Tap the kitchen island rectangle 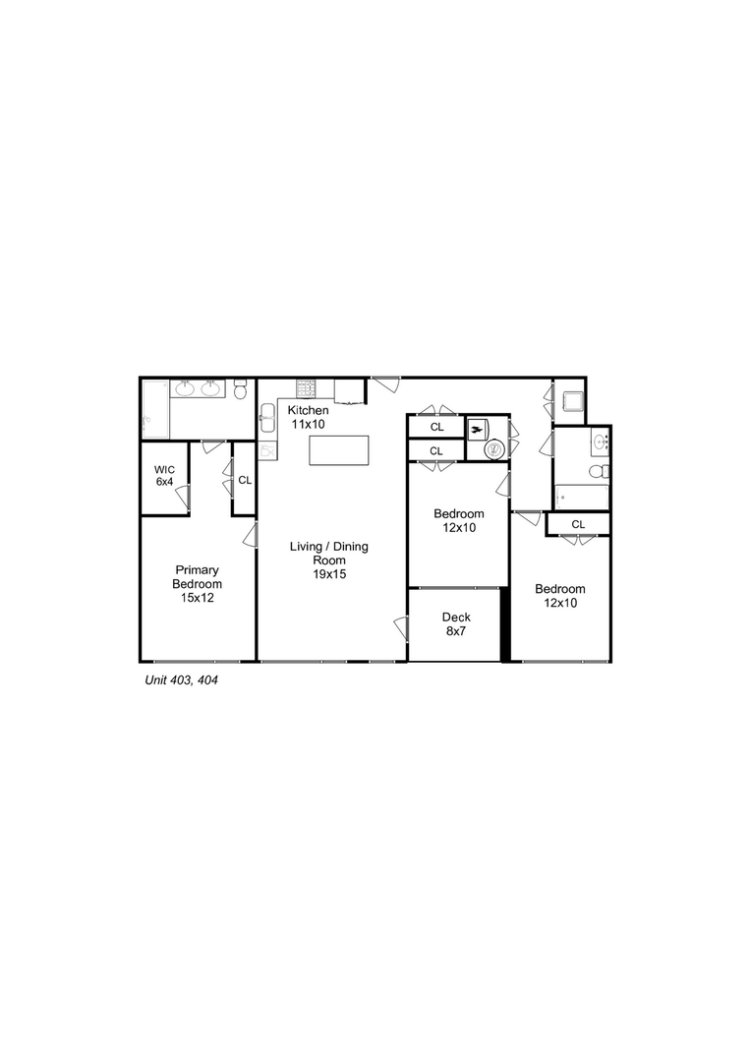pyautogui.click(x=340, y=450)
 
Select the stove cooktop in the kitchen pyautogui.click(x=306, y=386)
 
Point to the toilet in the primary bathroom pyautogui.click(x=241, y=390)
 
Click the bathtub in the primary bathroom pyautogui.click(x=155, y=409)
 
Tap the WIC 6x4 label pyautogui.click(x=164, y=476)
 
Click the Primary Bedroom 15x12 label pyautogui.click(x=197, y=583)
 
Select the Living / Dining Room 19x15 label pyautogui.click(x=329, y=560)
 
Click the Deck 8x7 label pyautogui.click(x=454, y=623)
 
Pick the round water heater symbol pyautogui.click(x=494, y=448)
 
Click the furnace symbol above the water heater pyautogui.click(x=479, y=428)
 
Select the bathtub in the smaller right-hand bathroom pyautogui.click(x=580, y=497)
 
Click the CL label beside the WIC pyautogui.click(x=245, y=481)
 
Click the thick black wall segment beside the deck pyautogui.click(x=506, y=624)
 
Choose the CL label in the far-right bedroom pyautogui.click(x=578, y=524)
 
